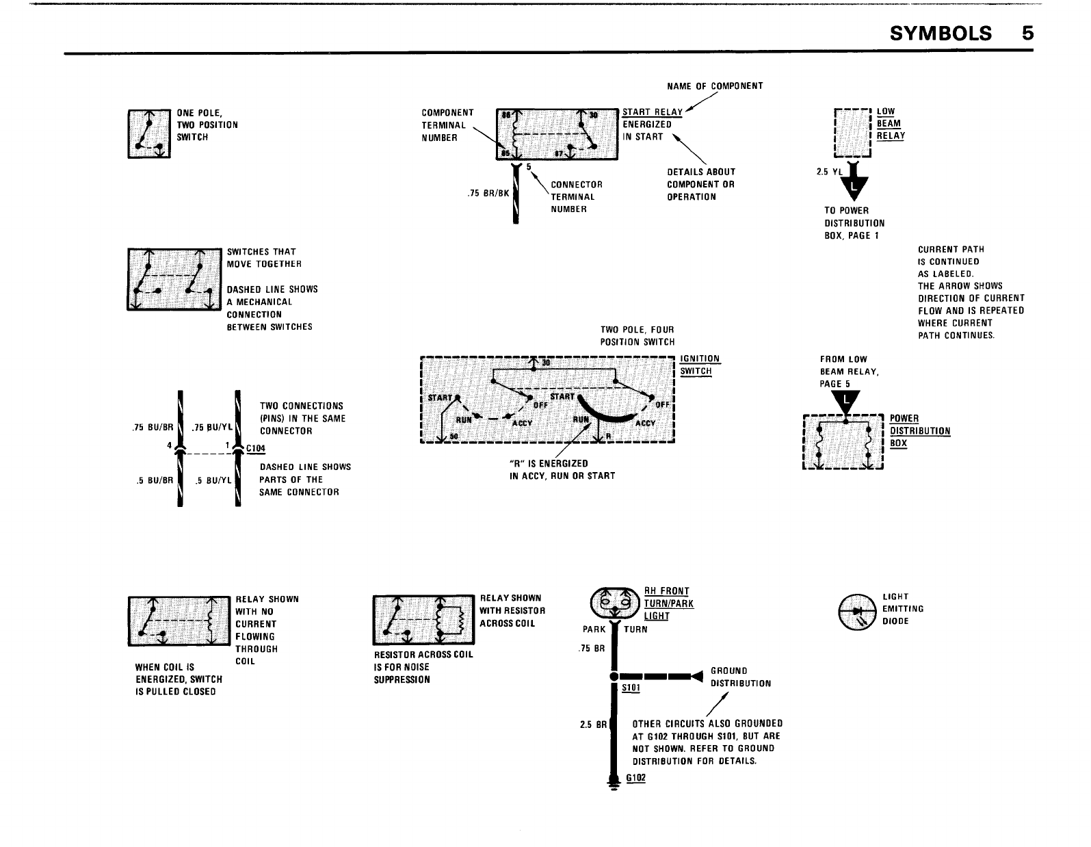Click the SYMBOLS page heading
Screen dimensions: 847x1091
click(x=941, y=33)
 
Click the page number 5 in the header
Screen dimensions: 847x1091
click(x=1028, y=33)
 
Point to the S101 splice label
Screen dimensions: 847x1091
click(x=631, y=688)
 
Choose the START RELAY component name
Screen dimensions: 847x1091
click(x=653, y=112)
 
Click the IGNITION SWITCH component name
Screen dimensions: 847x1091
click(x=700, y=365)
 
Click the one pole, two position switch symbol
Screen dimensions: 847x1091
click(x=149, y=133)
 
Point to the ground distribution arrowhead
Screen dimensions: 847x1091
click(x=697, y=677)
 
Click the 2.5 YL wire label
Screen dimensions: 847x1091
click(x=828, y=172)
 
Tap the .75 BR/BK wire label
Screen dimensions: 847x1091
click(x=487, y=193)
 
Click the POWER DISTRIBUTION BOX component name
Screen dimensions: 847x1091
click(x=919, y=431)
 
